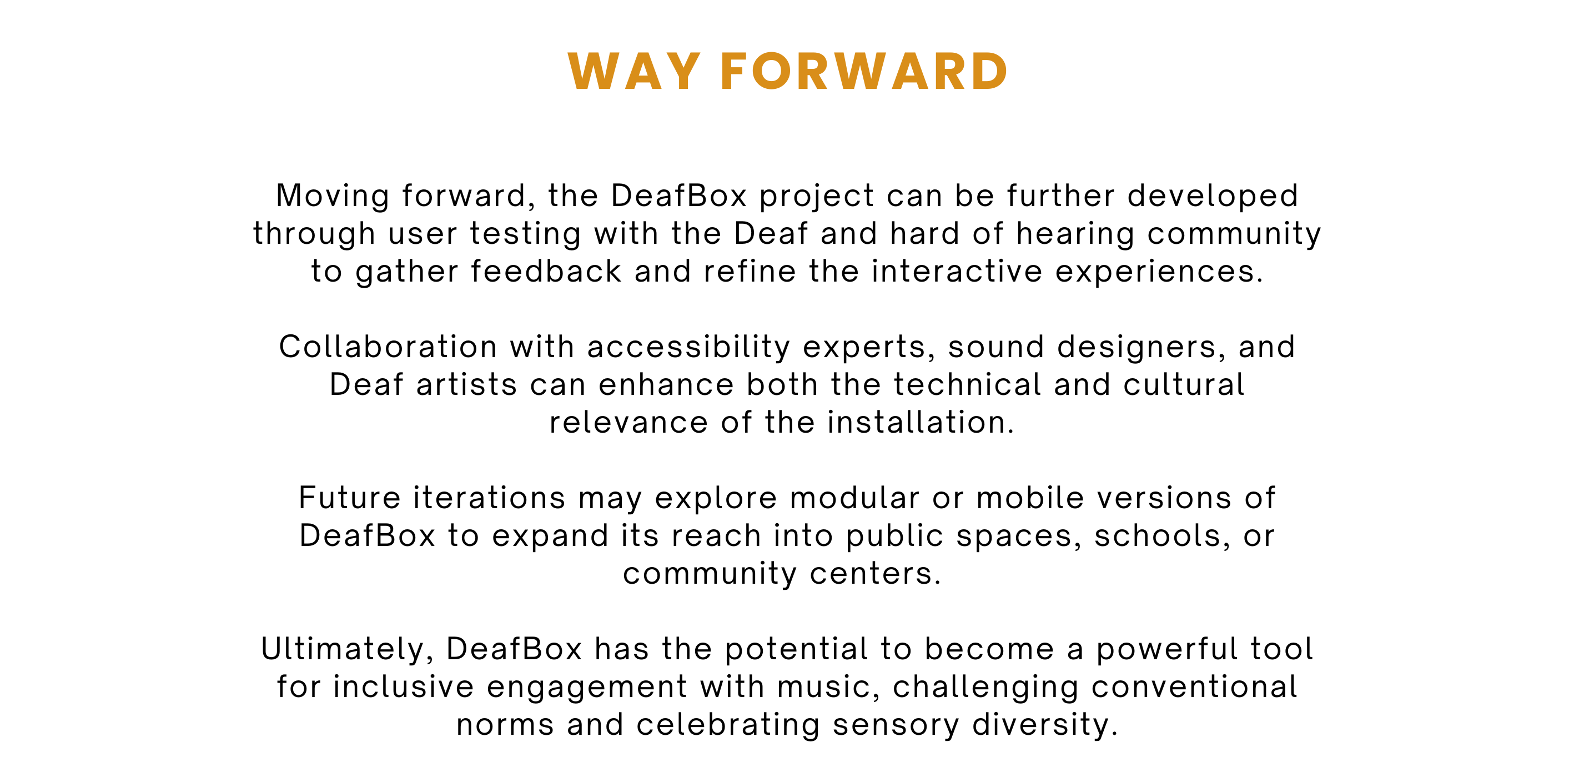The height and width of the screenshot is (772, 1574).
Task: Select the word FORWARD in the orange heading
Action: pyautogui.click(x=864, y=72)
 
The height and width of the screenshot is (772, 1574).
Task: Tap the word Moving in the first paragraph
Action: pyautogui.click(x=333, y=197)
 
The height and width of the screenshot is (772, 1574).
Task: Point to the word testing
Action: pyautogui.click(x=525, y=235)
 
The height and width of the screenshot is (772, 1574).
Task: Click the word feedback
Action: pyautogui.click(x=546, y=272)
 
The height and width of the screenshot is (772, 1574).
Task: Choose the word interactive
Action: pyautogui.click(x=957, y=272)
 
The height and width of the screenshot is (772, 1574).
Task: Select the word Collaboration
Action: pyautogui.click(x=389, y=347)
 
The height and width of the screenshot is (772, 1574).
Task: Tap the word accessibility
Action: pyautogui.click(x=688, y=348)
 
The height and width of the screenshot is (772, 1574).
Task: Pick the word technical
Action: pyautogui.click(x=967, y=385)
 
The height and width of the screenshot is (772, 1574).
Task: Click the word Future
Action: pyautogui.click(x=350, y=498)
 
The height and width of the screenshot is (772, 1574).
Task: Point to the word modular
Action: pyautogui.click(x=855, y=498)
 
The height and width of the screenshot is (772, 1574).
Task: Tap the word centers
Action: pyautogui.click(x=875, y=574)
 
